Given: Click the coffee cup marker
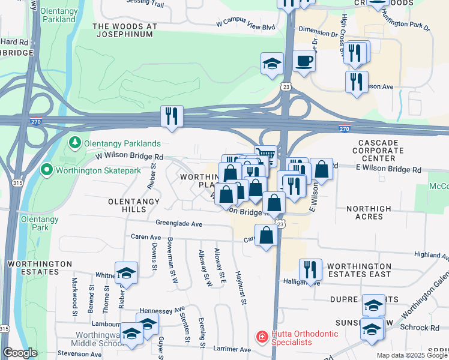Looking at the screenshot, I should [x=304, y=61].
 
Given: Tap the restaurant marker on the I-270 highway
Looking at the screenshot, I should [x=172, y=116].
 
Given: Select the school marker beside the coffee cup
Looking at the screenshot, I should [x=272, y=64].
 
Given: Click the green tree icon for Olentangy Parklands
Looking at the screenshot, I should [x=75, y=143].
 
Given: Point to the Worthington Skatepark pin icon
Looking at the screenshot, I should [x=46, y=171].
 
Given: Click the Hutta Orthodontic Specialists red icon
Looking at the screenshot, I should [x=262, y=338].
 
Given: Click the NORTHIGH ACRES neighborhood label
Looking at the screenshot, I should [x=369, y=212].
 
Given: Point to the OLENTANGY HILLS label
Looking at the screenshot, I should [x=125, y=205].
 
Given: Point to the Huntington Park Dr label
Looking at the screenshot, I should [x=408, y=28].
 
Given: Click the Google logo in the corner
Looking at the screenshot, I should [x=20, y=353].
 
